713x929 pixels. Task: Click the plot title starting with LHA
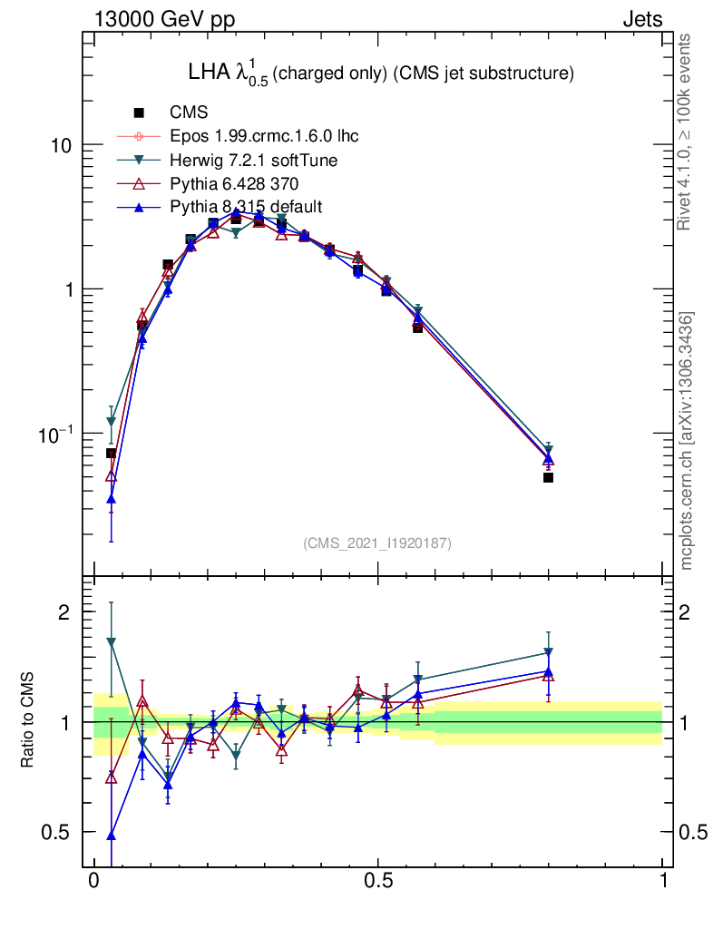point(379,74)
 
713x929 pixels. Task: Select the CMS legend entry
point(189,112)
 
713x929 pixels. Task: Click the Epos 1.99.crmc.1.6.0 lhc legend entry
point(264,136)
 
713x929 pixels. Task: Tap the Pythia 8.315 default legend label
point(246,207)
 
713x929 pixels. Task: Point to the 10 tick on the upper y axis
point(62,145)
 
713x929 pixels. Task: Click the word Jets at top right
point(641,19)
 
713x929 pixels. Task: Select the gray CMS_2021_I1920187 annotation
point(377,543)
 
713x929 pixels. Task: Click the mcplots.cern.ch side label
point(689,440)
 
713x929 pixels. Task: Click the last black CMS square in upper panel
point(549,477)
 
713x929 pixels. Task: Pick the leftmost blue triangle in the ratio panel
point(112,836)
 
